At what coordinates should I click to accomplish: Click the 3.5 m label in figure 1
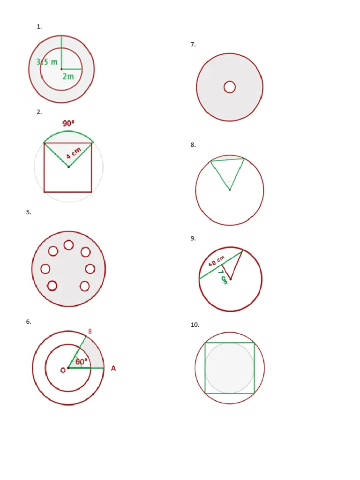[x=47, y=62]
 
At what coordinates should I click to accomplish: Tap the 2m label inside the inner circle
[x=68, y=76]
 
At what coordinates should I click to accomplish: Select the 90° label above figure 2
[x=68, y=123]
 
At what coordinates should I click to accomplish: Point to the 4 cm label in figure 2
[x=74, y=153]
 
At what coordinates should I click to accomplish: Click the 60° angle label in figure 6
[x=81, y=362]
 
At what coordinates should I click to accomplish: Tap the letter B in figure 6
[x=90, y=331]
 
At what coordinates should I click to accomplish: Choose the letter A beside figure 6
[x=113, y=368]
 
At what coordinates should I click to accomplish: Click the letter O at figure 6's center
[x=62, y=370]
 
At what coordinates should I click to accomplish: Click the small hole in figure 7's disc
[x=230, y=87]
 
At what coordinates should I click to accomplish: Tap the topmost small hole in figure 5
[x=69, y=245]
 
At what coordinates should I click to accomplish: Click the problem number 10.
[x=195, y=324]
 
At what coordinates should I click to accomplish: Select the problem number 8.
[x=193, y=145]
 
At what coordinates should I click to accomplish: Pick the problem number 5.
[x=29, y=212]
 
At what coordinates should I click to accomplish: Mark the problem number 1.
[x=39, y=27]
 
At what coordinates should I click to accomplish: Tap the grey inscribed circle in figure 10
[x=230, y=368]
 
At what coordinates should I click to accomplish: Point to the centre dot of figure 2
[x=68, y=167]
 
